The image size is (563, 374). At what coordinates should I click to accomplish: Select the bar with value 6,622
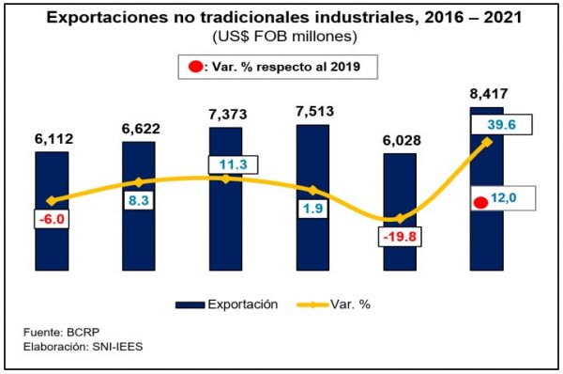click(x=138, y=235)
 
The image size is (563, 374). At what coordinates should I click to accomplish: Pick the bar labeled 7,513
click(x=312, y=235)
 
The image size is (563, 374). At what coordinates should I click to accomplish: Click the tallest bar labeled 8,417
click(x=487, y=244)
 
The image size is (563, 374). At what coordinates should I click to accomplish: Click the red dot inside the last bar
click(x=481, y=201)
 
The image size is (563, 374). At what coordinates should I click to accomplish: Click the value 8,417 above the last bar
click(x=487, y=92)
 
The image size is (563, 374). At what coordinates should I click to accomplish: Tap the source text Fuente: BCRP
click(x=62, y=333)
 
